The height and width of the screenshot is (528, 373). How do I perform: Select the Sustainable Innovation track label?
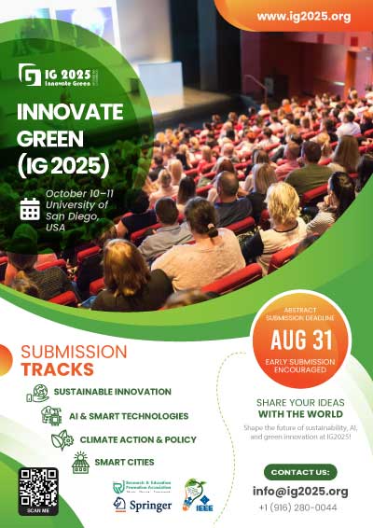112,392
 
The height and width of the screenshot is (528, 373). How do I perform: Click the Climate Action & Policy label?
137,438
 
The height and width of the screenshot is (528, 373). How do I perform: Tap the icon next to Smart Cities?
81,461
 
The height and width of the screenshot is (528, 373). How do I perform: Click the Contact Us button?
300,472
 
